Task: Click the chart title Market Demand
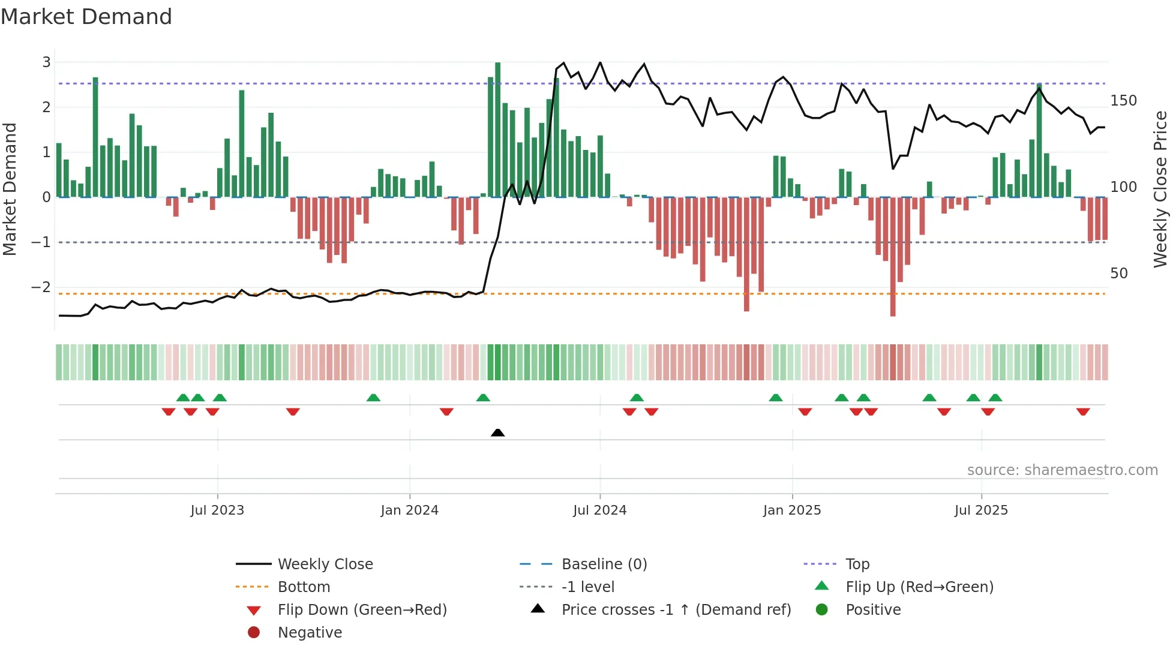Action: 86,17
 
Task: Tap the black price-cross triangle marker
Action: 497,432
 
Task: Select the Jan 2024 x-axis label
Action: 409,510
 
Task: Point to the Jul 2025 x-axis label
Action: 981,510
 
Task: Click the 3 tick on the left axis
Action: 46,62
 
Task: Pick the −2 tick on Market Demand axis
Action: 41,287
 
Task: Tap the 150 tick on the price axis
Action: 1123,101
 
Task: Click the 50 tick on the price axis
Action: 1119,274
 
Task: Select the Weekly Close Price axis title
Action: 1160,189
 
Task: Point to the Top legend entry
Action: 857,564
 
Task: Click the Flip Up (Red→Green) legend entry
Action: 919,587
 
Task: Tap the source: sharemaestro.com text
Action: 1062,470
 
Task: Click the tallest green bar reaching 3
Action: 497,129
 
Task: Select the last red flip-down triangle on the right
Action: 1083,412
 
